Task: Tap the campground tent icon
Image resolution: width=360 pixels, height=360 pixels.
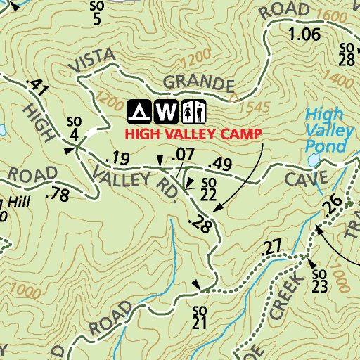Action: click(139, 110)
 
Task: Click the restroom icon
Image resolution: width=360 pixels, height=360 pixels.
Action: click(193, 110)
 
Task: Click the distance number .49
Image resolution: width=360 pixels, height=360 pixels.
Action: click(219, 165)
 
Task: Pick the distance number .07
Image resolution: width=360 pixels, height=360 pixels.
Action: click(182, 153)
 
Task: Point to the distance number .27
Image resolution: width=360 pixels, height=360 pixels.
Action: click(271, 247)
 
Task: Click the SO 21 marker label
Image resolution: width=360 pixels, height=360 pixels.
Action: click(199, 316)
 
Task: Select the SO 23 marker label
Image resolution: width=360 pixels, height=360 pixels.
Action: click(319, 279)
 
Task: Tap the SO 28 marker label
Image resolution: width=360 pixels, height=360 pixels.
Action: click(346, 54)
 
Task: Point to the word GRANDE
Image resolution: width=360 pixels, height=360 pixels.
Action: click(199, 84)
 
